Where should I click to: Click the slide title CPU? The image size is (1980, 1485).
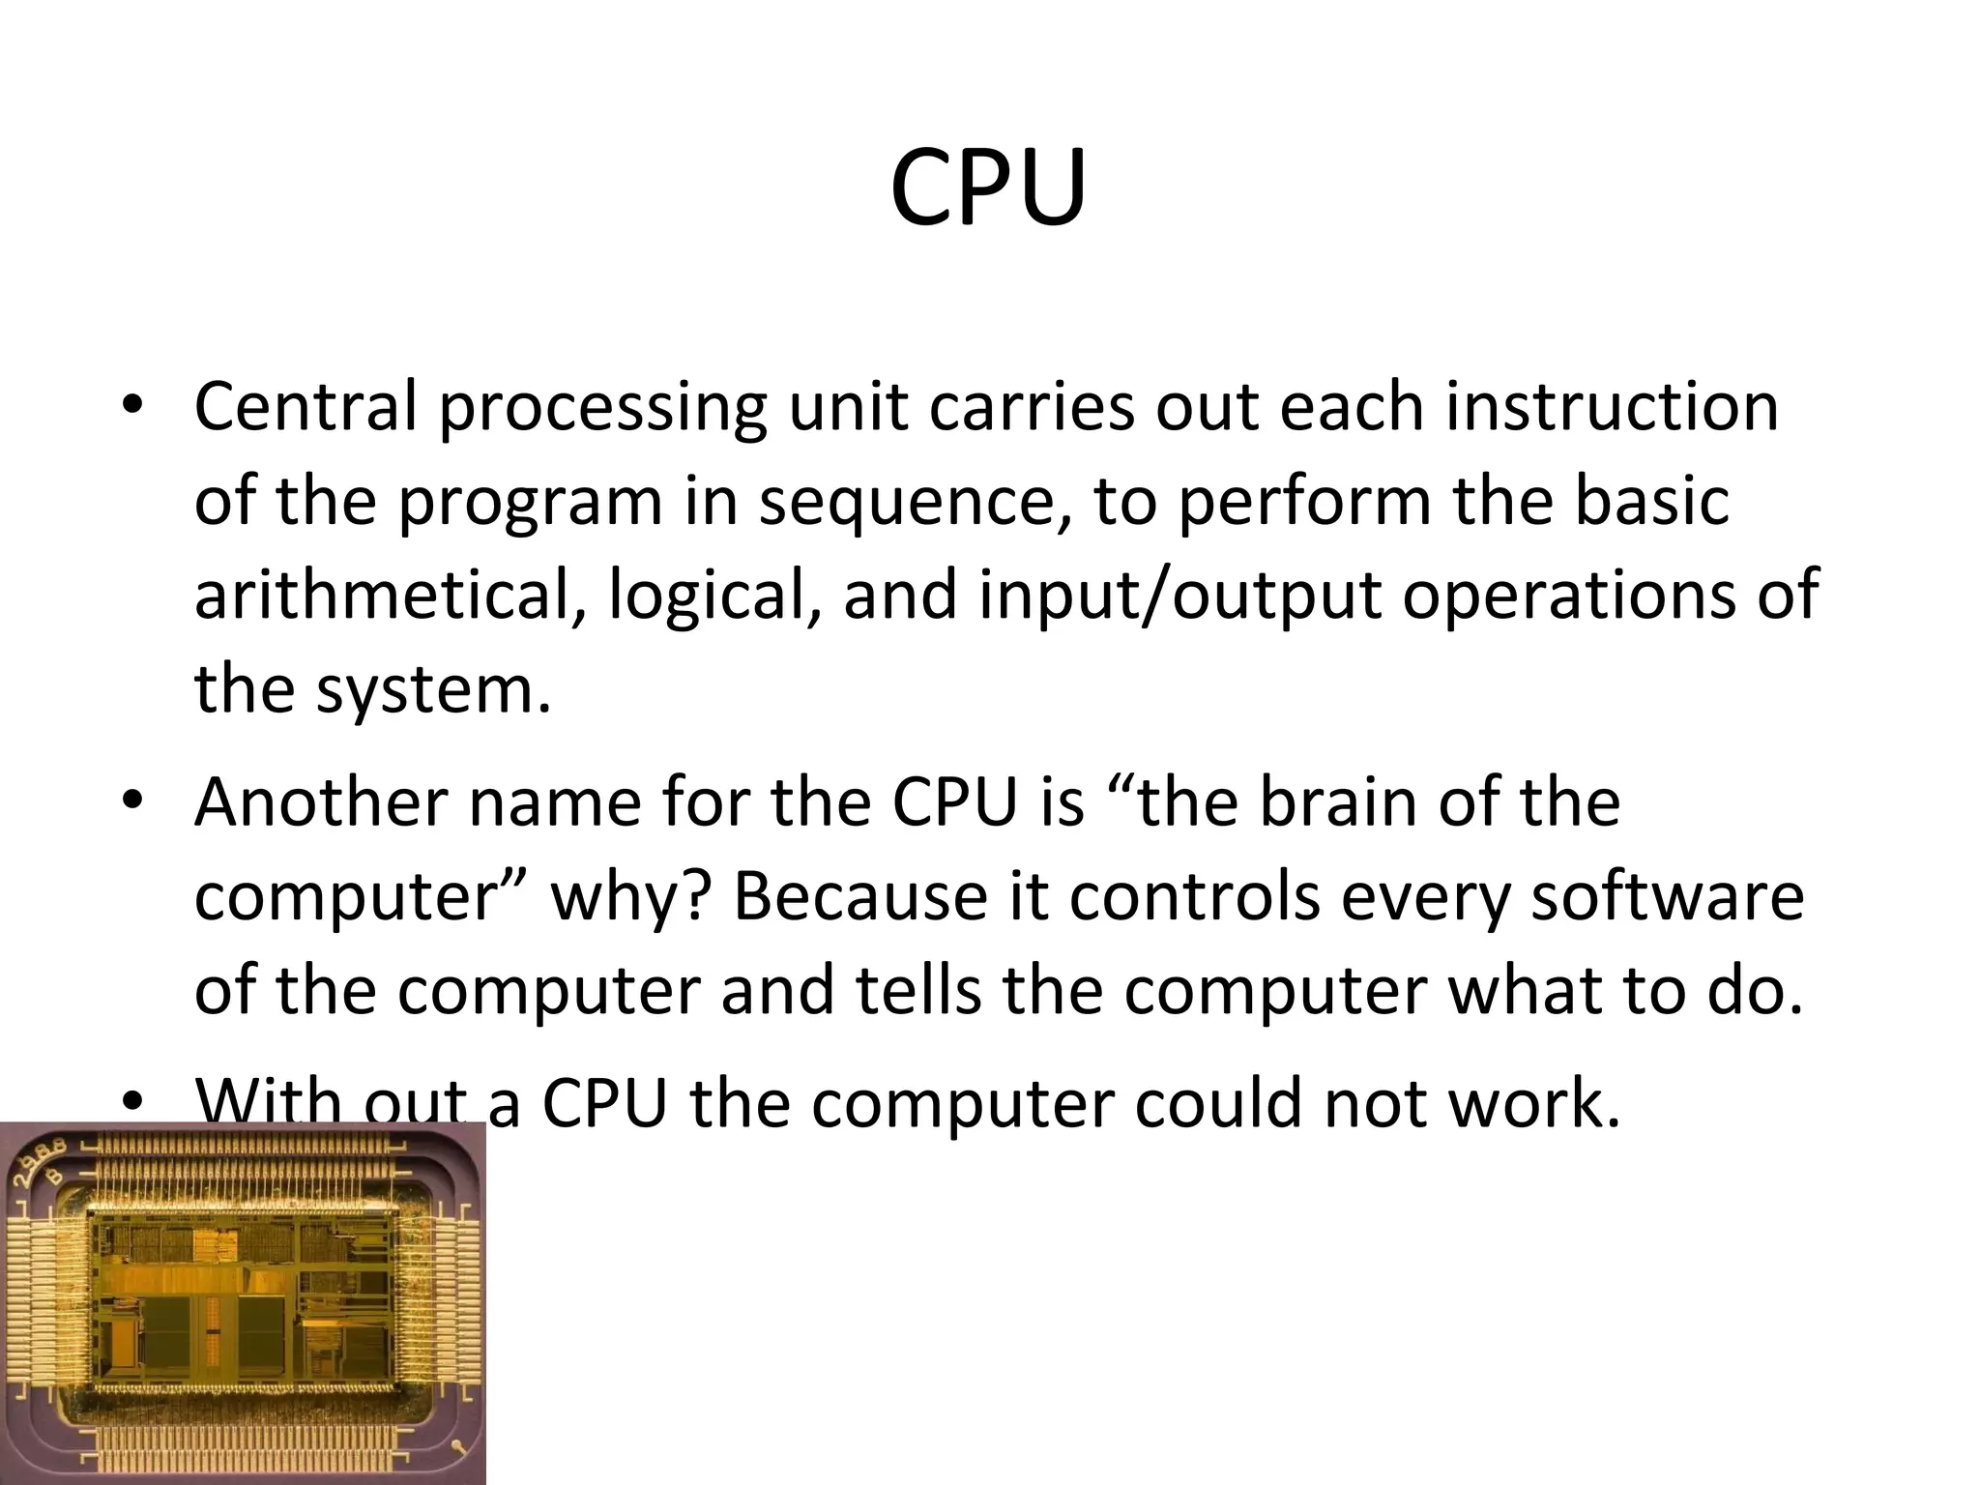[988, 189]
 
